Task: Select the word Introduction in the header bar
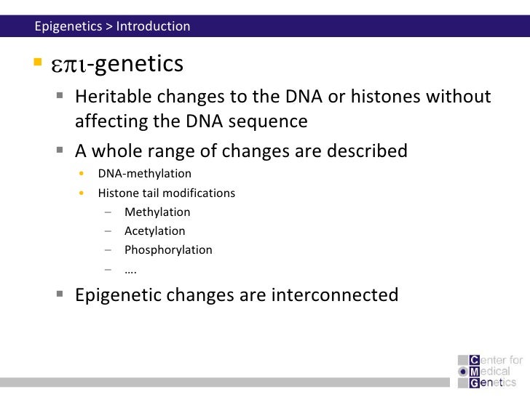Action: tap(153, 27)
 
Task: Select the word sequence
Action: tap(269, 121)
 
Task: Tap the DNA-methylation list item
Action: tap(145, 174)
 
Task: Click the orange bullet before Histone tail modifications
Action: tap(82, 193)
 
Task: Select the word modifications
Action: tap(199, 193)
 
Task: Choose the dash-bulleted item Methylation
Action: tap(157, 212)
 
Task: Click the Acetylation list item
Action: tap(154, 231)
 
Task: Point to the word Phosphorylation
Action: tap(168, 250)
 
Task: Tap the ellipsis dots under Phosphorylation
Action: tap(131, 270)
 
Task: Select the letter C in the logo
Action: tap(475, 359)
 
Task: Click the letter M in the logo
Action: tap(475, 371)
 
